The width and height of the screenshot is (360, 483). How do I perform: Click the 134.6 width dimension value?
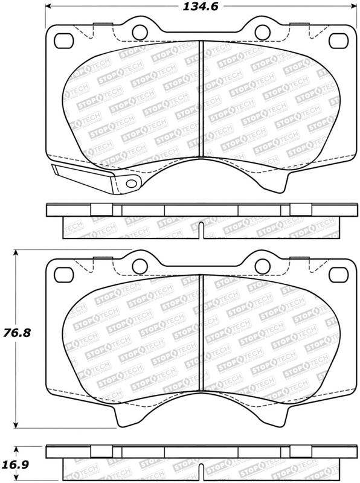201,7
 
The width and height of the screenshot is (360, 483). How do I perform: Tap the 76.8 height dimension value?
17,333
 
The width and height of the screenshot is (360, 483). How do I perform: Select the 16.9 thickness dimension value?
17,464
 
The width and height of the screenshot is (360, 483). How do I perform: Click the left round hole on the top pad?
140,32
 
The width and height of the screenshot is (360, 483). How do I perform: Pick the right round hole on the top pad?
263,32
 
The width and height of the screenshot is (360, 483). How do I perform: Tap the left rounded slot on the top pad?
64,40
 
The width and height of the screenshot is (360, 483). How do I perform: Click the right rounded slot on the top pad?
338,40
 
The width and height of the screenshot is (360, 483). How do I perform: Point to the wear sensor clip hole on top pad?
132,184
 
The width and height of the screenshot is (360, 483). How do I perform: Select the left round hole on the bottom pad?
140,266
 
